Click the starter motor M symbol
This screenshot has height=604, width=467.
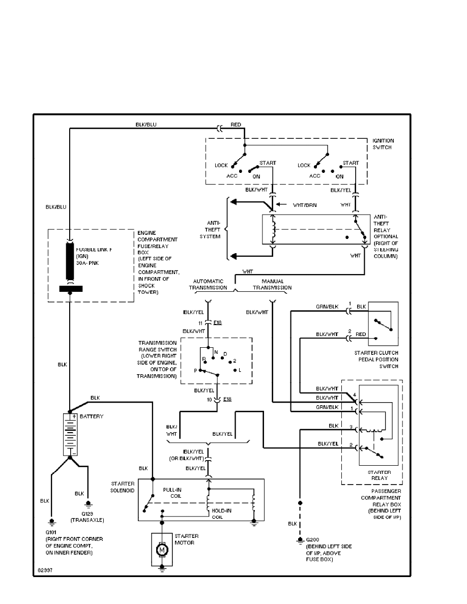click(x=162, y=549)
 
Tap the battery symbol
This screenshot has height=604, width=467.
click(x=70, y=434)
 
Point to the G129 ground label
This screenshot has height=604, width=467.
click(x=88, y=514)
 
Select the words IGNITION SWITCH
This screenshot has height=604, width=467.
click(x=384, y=144)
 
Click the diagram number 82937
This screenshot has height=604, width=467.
click(x=44, y=570)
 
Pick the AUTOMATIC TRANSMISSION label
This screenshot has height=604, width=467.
click(x=208, y=284)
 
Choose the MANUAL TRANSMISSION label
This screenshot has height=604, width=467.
click(x=272, y=284)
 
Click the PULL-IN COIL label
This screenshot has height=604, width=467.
click(x=172, y=492)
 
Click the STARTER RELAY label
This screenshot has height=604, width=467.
click(x=379, y=475)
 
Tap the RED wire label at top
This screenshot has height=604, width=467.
click(x=236, y=124)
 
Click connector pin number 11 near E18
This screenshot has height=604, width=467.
click(x=201, y=322)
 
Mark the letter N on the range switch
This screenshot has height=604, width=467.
click(x=216, y=352)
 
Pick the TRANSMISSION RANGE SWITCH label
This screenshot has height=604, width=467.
click(x=158, y=359)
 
